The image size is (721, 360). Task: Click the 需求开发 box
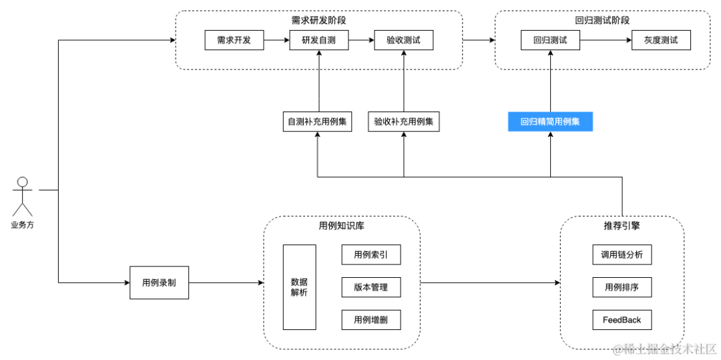(234, 40)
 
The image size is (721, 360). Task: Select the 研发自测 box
(318, 40)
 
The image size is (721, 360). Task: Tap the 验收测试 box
(403, 40)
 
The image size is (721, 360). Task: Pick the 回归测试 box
(550, 40)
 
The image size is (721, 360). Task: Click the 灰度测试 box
(661, 40)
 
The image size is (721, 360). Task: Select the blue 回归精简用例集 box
(550, 122)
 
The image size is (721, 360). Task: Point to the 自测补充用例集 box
(318, 122)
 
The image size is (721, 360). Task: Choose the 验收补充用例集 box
(404, 122)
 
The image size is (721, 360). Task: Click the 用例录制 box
(159, 283)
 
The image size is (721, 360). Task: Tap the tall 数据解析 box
(299, 287)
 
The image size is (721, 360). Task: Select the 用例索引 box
(371, 254)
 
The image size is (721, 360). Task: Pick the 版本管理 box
(371, 287)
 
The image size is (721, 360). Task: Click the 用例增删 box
(371, 319)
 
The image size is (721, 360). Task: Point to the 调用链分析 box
(622, 254)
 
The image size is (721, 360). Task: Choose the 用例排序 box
(622, 287)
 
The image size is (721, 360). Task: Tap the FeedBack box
(622, 319)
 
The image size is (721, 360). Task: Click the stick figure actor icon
(23, 196)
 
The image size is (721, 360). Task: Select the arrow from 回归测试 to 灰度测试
(606, 40)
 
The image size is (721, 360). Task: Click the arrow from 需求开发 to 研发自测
(276, 40)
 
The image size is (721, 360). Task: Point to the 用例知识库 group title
(342, 226)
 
